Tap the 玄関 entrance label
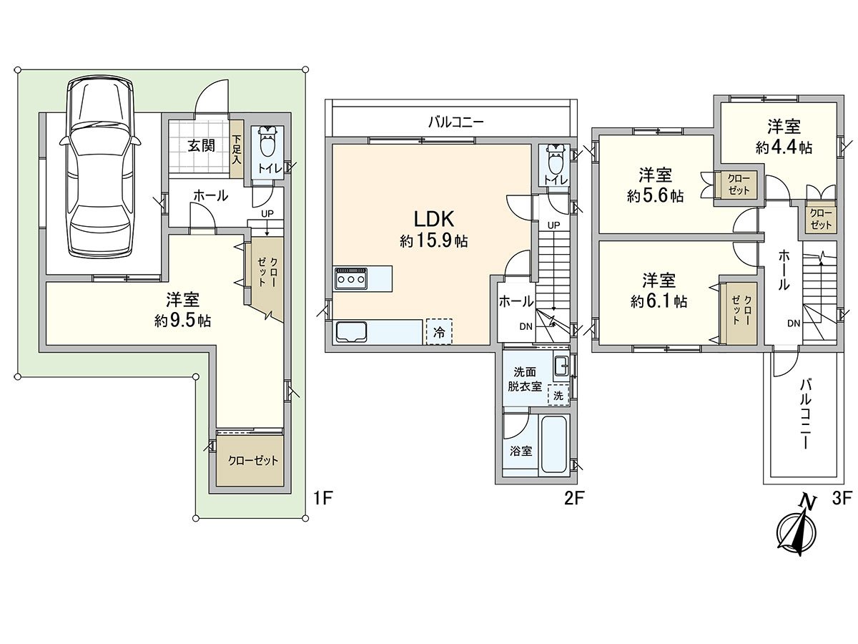click(201, 146)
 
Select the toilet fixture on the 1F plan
click(268, 145)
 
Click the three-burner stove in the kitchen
click(351, 278)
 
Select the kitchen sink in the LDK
click(351, 333)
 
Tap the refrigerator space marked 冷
click(439, 332)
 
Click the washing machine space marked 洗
click(558, 395)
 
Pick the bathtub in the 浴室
click(553, 445)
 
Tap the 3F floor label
click(841, 499)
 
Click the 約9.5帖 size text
click(182, 321)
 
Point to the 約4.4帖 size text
click(784, 147)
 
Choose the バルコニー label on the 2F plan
click(456, 122)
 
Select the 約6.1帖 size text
click(659, 301)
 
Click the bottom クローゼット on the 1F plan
click(252, 461)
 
